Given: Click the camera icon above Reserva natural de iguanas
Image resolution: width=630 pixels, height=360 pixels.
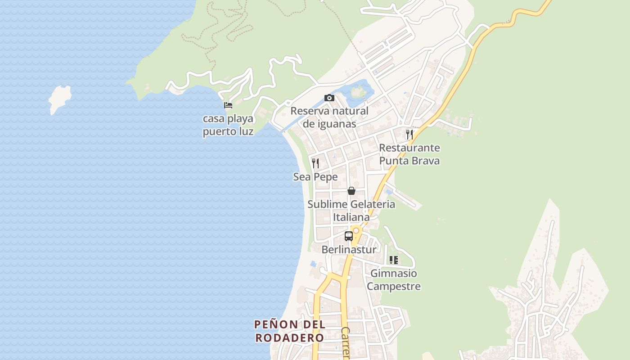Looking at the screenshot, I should coord(329,98).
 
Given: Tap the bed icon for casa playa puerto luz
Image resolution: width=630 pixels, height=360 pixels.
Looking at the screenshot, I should coord(228,105).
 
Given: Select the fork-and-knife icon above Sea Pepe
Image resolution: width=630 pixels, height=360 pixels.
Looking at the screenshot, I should coord(315,163).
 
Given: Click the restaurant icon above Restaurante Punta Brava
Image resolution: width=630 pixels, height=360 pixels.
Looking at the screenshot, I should coord(409,134).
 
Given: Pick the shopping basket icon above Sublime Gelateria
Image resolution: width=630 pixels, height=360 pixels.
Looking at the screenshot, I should coord(351,191).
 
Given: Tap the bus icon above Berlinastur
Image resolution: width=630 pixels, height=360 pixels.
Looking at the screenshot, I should coord(348,236).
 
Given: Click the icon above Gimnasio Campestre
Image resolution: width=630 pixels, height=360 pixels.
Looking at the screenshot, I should coord(394,260).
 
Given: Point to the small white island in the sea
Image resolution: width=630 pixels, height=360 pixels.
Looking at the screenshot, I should coord(60,99).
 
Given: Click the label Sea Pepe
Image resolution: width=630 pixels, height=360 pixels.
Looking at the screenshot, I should coord(315,177).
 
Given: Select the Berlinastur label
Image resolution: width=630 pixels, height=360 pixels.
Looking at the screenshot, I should coord(349,249).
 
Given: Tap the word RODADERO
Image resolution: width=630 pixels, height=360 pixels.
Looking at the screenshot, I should coord(289,338).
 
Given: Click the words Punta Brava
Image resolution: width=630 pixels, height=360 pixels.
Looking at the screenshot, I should coord(409,161).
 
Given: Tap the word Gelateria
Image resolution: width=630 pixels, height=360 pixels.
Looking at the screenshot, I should coord(373,204).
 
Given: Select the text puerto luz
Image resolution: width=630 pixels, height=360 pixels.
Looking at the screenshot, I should coord(228,132).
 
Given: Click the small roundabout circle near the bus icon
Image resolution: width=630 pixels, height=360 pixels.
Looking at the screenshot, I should coord(356,230).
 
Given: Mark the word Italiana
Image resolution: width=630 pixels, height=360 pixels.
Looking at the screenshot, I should coord(351,217).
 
